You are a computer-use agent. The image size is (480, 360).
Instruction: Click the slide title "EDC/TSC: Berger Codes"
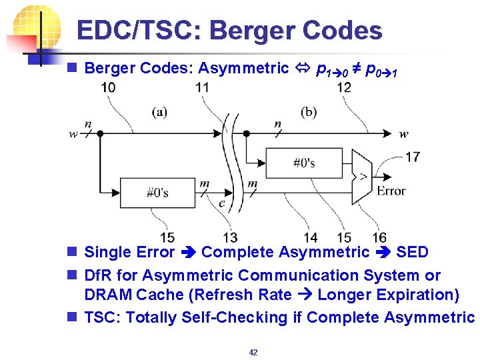(229, 31)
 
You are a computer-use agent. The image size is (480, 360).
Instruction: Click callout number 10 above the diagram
(108, 87)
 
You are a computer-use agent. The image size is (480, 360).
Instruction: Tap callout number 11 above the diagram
(203, 87)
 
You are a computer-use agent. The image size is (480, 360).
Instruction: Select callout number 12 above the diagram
(344, 87)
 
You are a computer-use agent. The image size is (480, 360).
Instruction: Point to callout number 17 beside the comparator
(413, 157)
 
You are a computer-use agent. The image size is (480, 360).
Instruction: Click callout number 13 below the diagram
(230, 237)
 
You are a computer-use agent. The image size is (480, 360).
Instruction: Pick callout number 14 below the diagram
(311, 237)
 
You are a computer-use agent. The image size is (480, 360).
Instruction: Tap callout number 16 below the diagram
(379, 237)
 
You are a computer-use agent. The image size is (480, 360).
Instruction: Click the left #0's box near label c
(157, 193)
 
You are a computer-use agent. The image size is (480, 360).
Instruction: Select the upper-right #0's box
(304, 163)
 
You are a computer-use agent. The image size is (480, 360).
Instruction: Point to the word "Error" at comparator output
(391, 191)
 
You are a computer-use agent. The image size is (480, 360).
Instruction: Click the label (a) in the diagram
(159, 112)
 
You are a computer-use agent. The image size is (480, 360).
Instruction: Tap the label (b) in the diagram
(309, 112)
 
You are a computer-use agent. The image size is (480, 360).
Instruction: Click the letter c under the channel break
(221, 203)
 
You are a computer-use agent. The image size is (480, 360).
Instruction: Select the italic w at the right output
(403, 133)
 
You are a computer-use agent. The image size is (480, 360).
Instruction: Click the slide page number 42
(253, 352)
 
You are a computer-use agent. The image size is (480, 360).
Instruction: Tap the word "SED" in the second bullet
(412, 252)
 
